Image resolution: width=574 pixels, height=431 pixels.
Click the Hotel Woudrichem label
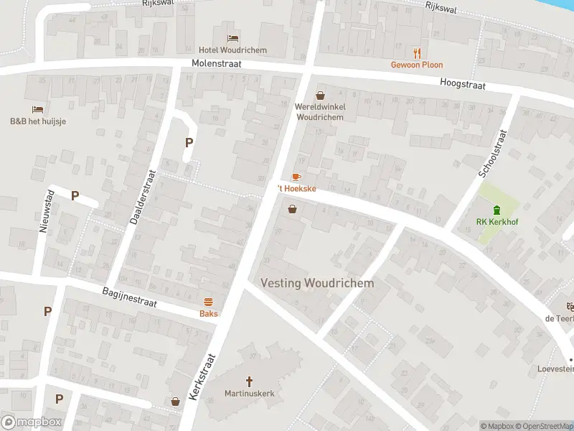232,50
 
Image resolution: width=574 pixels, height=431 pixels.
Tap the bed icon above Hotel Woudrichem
232,38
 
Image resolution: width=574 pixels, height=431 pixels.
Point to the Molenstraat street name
216,64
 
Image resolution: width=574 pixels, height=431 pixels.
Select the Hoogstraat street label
464,85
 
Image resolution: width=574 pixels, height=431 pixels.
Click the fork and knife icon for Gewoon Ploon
416,52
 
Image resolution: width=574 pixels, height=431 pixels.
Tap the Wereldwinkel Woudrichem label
321,111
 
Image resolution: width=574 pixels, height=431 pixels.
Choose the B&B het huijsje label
38,121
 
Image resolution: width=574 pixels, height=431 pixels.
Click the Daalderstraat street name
143,197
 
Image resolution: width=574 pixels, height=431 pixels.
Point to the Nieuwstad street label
44,210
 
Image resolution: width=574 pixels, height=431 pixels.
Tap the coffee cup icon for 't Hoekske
296,176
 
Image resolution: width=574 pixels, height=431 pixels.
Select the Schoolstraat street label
493,153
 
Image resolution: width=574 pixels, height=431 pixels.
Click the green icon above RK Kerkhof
497,209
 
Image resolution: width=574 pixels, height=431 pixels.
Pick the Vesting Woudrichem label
317,283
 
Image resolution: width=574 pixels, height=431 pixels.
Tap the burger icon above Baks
209,302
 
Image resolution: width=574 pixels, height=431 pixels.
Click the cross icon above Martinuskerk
250,381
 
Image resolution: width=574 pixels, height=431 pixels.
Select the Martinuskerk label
250,394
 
